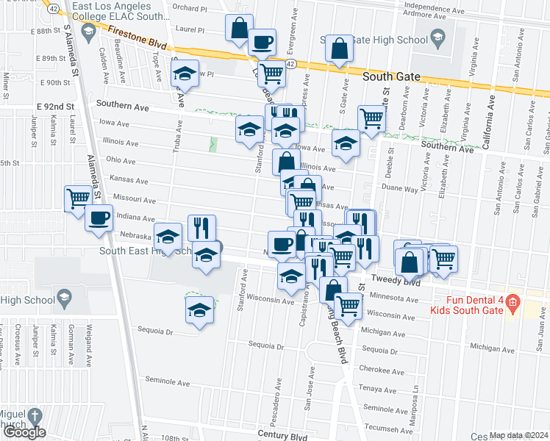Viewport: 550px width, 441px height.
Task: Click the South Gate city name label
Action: point(392,76)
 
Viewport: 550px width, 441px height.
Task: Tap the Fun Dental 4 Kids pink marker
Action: point(512,302)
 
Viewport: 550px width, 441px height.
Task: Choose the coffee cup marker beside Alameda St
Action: point(99,218)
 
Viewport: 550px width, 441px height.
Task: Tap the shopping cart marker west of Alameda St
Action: point(77,198)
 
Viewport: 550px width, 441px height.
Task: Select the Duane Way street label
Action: point(403,189)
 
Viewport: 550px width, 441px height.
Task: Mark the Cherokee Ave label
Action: point(379,371)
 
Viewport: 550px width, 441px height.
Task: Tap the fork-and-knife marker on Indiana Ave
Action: point(200,227)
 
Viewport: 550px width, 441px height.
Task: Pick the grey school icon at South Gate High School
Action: point(437,38)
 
